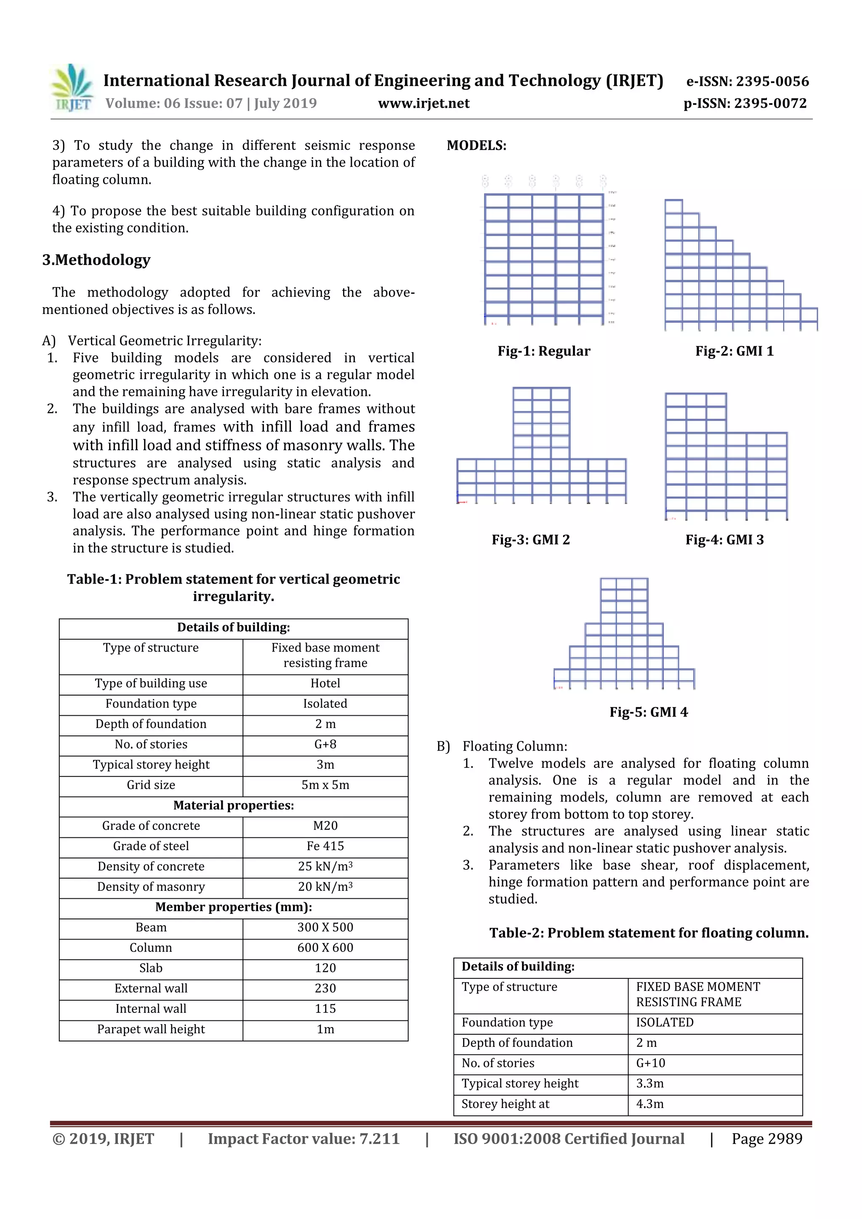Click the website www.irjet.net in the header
coord(423,103)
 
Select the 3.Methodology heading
coord(96,260)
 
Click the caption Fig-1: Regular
coord(543,351)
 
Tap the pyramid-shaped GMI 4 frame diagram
coord(624,635)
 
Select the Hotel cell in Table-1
coord(325,683)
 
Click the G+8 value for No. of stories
coord(325,744)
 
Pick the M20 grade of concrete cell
coord(325,826)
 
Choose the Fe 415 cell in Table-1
coord(325,846)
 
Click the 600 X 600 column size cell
coord(325,948)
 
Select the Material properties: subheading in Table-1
coord(233,805)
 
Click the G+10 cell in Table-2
coord(651,1063)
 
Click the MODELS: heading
coord(476,146)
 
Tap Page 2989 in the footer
coord(766,1139)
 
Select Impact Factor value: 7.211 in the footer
coord(303,1139)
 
